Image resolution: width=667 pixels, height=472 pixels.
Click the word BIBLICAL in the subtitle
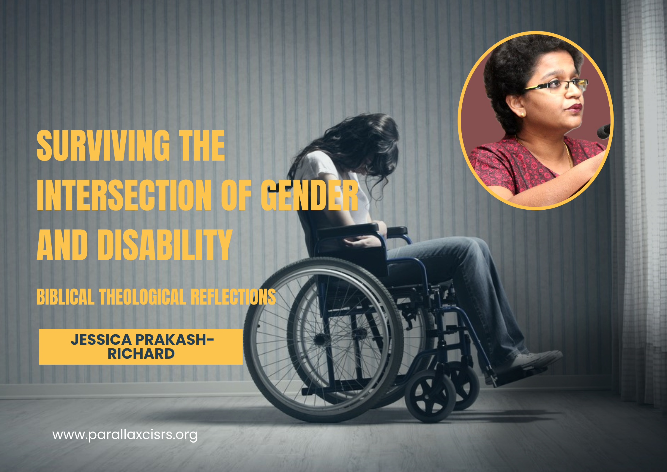65,297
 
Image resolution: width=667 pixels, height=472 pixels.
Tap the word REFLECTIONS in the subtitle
233,297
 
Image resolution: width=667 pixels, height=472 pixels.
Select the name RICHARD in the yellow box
141,354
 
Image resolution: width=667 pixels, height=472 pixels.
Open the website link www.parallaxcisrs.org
125,435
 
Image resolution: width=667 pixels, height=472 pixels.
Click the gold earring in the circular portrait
522,114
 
